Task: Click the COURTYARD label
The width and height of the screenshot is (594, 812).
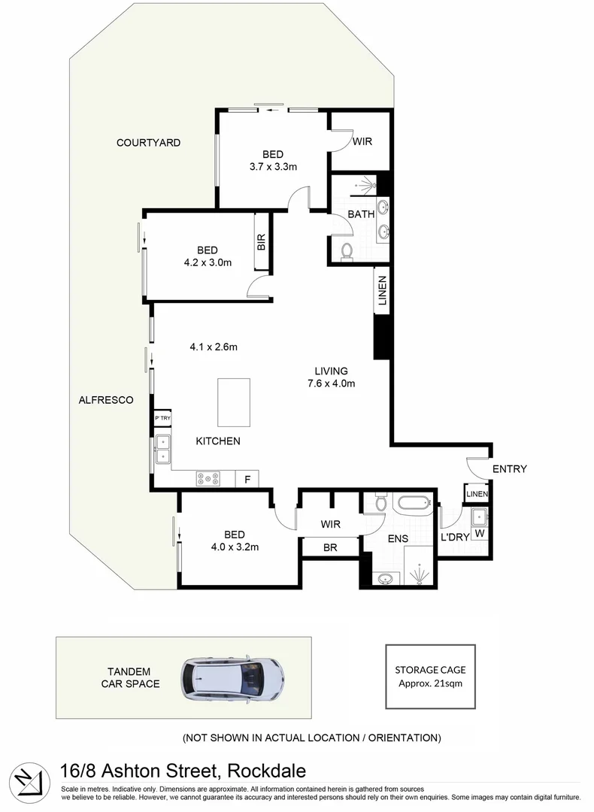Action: [148, 142]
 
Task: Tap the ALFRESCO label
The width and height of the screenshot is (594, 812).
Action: [106, 400]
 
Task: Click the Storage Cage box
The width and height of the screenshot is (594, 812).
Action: [430, 676]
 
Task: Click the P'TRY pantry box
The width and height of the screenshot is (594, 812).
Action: [162, 419]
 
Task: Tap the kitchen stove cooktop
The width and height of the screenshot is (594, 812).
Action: [208, 478]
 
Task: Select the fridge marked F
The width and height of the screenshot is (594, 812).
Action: [247, 478]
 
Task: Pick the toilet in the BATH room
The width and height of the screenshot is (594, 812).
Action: [347, 252]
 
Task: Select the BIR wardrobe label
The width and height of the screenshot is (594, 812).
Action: [262, 241]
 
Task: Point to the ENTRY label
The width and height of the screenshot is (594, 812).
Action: [509, 469]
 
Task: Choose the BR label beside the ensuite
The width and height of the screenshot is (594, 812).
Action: [329, 548]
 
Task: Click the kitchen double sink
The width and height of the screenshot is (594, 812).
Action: [162, 449]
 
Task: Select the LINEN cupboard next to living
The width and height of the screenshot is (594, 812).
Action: [381, 292]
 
